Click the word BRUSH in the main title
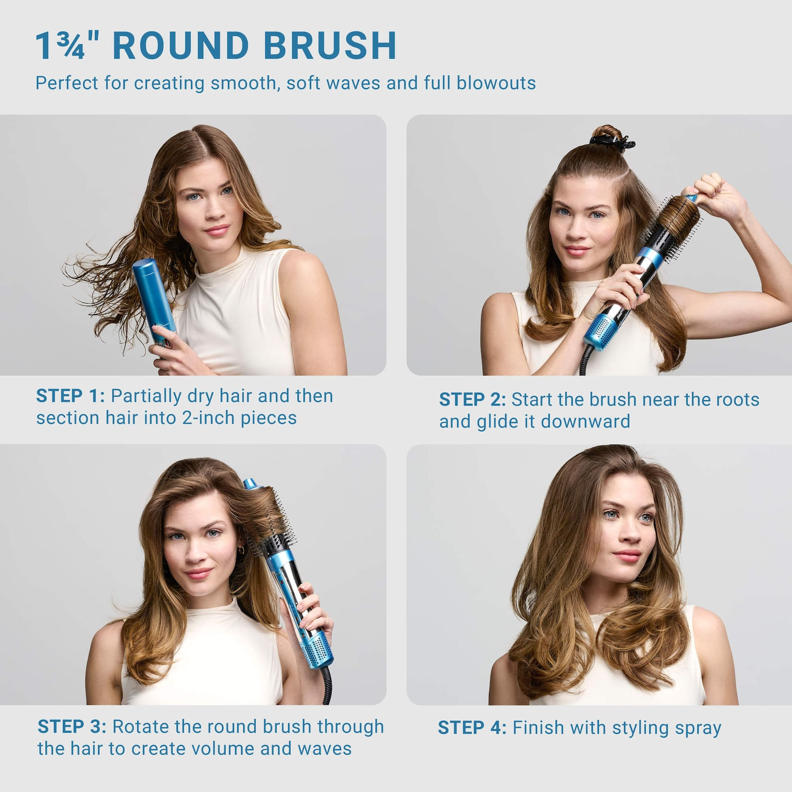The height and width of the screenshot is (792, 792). click(x=329, y=46)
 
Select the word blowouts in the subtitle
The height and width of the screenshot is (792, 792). click(x=496, y=83)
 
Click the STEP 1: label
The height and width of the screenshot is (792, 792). click(x=70, y=396)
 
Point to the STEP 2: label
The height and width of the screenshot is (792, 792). click(x=472, y=400)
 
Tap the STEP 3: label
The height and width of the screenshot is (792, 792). click(x=72, y=727)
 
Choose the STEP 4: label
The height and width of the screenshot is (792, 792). click(x=472, y=728)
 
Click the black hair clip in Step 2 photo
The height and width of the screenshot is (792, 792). click(x=612, y=142)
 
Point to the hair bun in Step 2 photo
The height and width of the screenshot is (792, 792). click(x=607, y=131)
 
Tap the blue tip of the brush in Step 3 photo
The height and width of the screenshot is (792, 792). click(x=250, y=483)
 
